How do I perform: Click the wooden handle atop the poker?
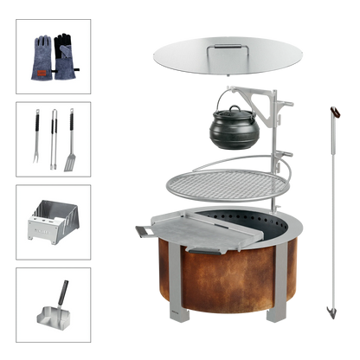(332, 113)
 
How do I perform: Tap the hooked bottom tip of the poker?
(328, 312)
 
